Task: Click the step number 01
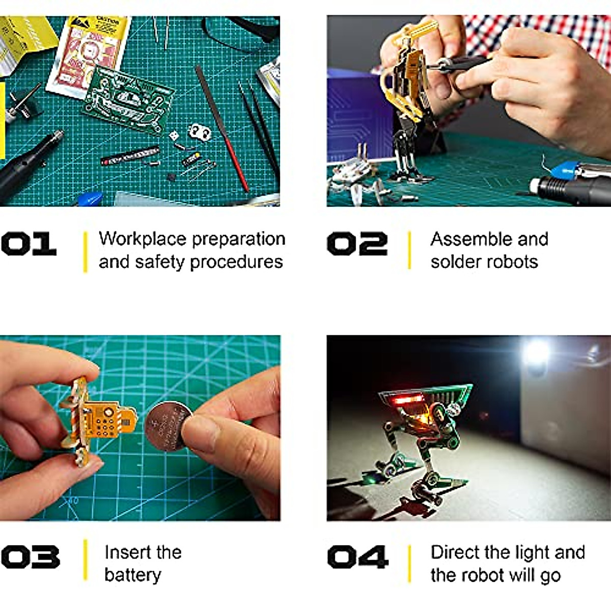coord(29,244)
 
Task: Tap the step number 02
coord(357,244)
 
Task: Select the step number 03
coord(30,557)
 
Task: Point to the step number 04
coord(358,557)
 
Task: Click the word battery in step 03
coord(132,575)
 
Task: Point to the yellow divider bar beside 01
coord(85,252)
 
